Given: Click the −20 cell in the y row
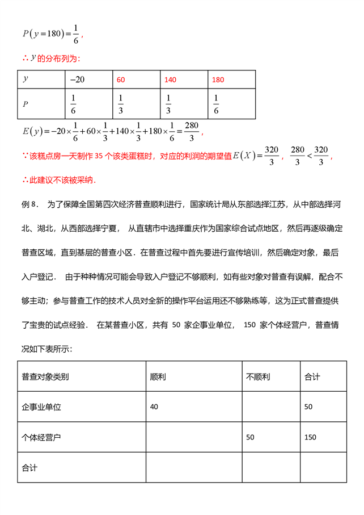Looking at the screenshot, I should coord(77,79).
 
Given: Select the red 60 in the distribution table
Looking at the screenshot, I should coord(121,80).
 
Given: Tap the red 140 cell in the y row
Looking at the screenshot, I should coord(170,80).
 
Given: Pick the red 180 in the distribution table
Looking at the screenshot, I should coord(218,80).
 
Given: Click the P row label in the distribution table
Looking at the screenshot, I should coord(25,104).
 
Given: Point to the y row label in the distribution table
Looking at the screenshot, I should coord(25,79).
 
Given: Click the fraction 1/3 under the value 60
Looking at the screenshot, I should coord(120,104).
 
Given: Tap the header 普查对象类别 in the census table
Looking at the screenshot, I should coord(46,376).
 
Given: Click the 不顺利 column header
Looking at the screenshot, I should coord(257,376).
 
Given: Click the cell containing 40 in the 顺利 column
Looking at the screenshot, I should coord(154,407).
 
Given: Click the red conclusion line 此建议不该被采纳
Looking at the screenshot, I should coord(59,180).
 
